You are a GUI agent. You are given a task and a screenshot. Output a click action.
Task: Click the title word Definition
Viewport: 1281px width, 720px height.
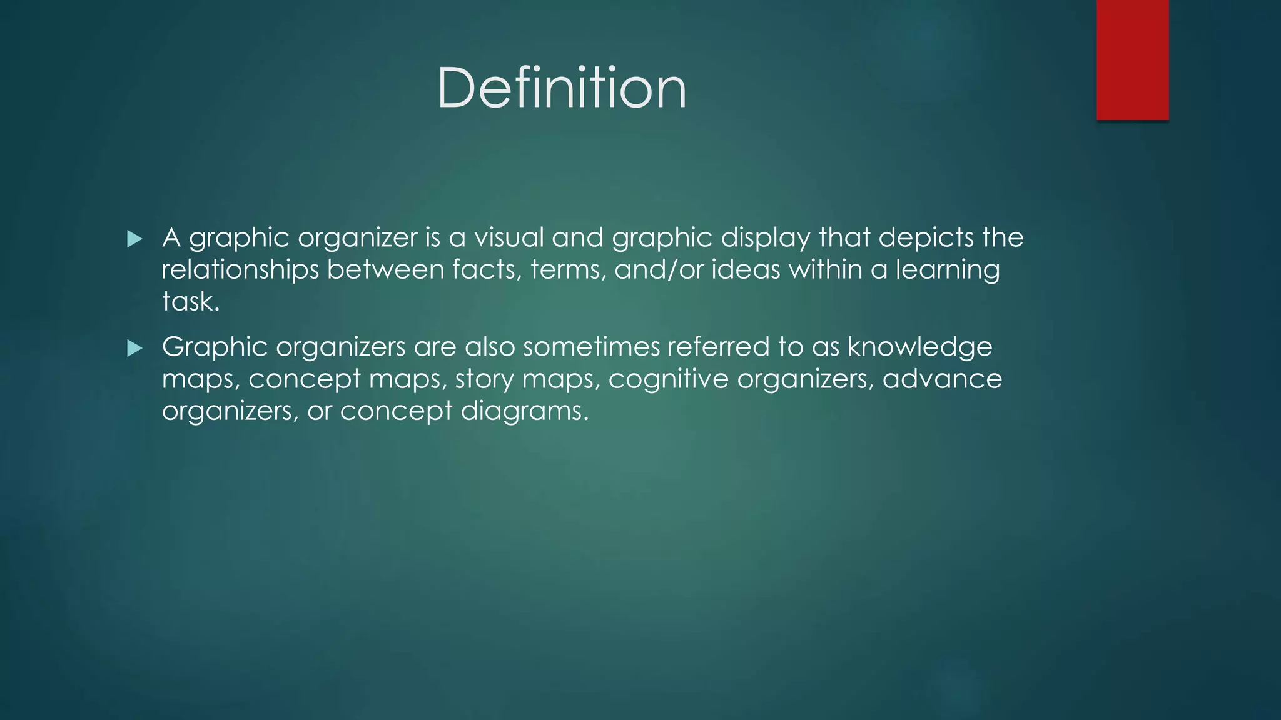(x=561, y=88)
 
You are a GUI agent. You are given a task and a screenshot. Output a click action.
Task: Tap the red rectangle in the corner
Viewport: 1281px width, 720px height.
(x=1132, y=59)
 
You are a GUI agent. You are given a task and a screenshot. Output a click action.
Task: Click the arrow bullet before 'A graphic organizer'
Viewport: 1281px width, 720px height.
(x=134, y=239)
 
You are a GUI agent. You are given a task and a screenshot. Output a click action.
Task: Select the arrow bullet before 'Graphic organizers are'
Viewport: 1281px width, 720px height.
(x=134, y=348)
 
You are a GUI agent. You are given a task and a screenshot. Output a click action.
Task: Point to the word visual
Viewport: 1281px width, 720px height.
(x=509, y=237)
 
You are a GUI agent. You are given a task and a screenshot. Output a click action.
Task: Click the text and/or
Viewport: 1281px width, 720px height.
(x=659, y=269)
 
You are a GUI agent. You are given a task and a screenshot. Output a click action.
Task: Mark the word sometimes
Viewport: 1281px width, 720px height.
(x=590, y=347)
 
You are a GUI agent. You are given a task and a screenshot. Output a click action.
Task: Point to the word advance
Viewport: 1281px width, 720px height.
(x=942, y=379)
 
